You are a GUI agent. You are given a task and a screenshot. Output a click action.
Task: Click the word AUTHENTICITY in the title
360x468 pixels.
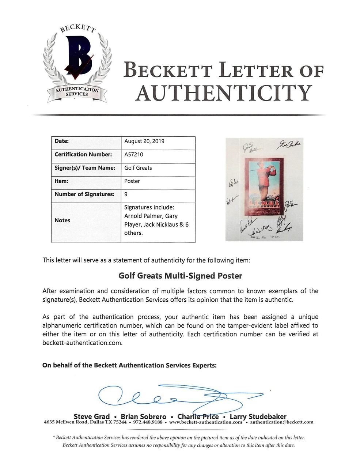click(223, 93)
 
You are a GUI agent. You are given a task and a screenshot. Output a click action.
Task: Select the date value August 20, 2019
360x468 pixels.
click(144, 141)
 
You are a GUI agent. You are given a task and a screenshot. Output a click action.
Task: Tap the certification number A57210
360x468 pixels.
click(134, 154)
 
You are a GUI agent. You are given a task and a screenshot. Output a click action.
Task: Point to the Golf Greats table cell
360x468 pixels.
click(138, 168)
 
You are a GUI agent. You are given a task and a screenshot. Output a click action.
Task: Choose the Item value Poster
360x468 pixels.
click(132, 181)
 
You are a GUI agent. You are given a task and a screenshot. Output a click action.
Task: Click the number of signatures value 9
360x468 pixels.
click(126, 194)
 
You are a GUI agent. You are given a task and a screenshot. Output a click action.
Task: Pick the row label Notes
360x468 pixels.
click(62, 220)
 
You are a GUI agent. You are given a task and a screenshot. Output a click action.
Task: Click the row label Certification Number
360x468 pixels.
click(83, 154)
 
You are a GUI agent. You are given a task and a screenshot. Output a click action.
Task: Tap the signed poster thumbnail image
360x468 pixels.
click(265, 189)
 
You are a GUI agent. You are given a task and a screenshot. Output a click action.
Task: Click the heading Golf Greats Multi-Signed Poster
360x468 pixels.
click(180, 276)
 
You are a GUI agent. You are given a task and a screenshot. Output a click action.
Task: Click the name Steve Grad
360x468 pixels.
click(92, 416)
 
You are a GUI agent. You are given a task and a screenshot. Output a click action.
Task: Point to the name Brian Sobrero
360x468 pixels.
click(144, 416)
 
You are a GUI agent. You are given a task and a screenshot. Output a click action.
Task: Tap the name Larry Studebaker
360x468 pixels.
click(258, 416)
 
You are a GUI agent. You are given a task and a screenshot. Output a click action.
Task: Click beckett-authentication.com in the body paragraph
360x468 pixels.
click(82, 343)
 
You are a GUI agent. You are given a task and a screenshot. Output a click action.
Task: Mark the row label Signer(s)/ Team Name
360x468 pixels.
click(85, 168)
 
